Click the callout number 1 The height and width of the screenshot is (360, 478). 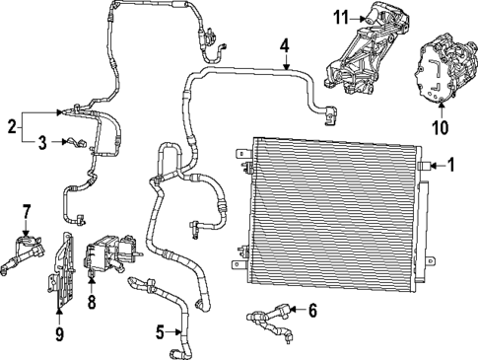click(452, 166)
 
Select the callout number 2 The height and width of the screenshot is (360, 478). click(11, 126)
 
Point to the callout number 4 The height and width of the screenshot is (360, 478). click(284, 45)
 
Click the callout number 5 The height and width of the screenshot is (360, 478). click(160, 331)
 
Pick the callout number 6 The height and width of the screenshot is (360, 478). click(313, 311)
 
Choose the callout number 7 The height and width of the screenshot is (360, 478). click(28, 210)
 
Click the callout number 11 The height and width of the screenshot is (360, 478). click(341, 17)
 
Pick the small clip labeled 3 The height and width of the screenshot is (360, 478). click(71, 145)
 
